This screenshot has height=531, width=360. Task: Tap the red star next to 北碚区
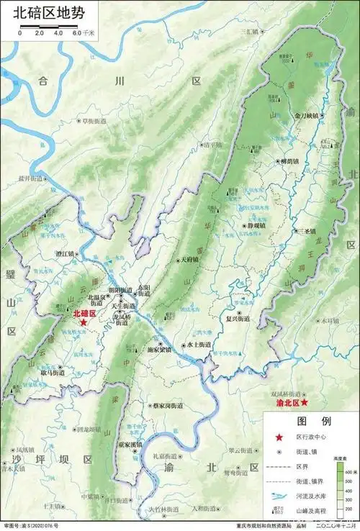pyautogui.click(x=84, y=324)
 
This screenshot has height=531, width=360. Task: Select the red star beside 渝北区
pyautogui.click(x=305, y=404)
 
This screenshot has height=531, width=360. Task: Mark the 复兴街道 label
pyautogui.click(x=238, y=317)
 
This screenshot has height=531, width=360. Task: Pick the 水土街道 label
pyautogui.click(x=199, y=345)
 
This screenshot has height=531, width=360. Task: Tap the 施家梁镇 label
pyautogui.click(x=159, y=350)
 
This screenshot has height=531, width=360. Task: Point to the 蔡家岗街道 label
pyautogui.click(x=167, y=407)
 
